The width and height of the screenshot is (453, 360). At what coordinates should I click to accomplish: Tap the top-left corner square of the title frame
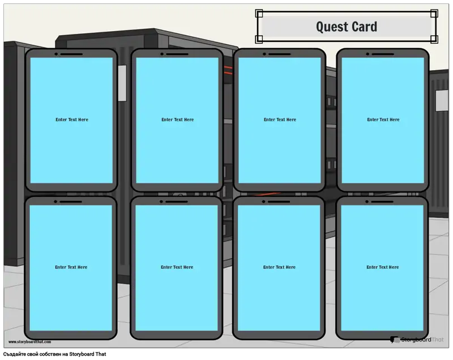(x=259, y=13)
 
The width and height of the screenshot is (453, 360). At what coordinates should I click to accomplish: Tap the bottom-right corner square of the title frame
(x=434, y=39)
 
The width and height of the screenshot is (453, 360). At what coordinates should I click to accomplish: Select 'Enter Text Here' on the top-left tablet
(x=72, y=119)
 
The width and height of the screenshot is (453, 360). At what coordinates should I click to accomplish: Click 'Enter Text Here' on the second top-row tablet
(x=178, y=119)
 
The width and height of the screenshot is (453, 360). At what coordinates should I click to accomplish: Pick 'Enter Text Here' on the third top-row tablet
(x=280, y=119)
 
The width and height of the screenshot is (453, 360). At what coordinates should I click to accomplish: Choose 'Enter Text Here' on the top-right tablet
(x=383, y=119)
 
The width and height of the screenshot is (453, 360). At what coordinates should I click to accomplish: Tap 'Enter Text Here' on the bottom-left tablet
(x=71, y=267)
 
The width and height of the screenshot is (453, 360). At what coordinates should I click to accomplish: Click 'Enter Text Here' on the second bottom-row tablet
(x=177, y=267)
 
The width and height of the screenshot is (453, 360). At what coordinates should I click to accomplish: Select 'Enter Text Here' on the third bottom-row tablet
(x=279, y=267)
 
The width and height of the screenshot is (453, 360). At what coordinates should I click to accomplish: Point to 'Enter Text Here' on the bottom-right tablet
(x=383, y=267)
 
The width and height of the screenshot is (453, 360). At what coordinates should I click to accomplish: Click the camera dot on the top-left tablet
(x=56, y=54)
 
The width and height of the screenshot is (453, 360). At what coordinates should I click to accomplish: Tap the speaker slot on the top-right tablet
(x=383, y=54)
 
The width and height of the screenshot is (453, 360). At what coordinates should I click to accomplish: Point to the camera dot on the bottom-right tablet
(x=367, y=202)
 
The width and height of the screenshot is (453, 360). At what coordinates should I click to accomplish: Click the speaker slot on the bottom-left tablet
(x=71, y=202)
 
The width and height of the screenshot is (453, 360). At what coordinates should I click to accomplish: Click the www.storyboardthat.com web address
(x=30, y=342)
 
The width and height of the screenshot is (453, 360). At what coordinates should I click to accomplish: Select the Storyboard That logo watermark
(x=417, y=340)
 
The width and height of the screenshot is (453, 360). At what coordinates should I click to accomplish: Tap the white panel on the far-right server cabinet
(x=442, y=100)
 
